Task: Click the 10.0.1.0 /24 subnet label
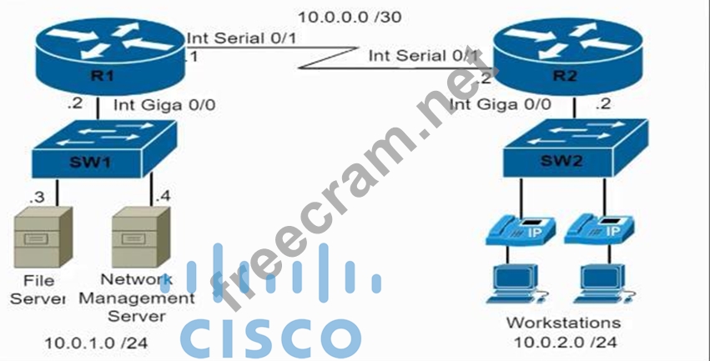point(83,343)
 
